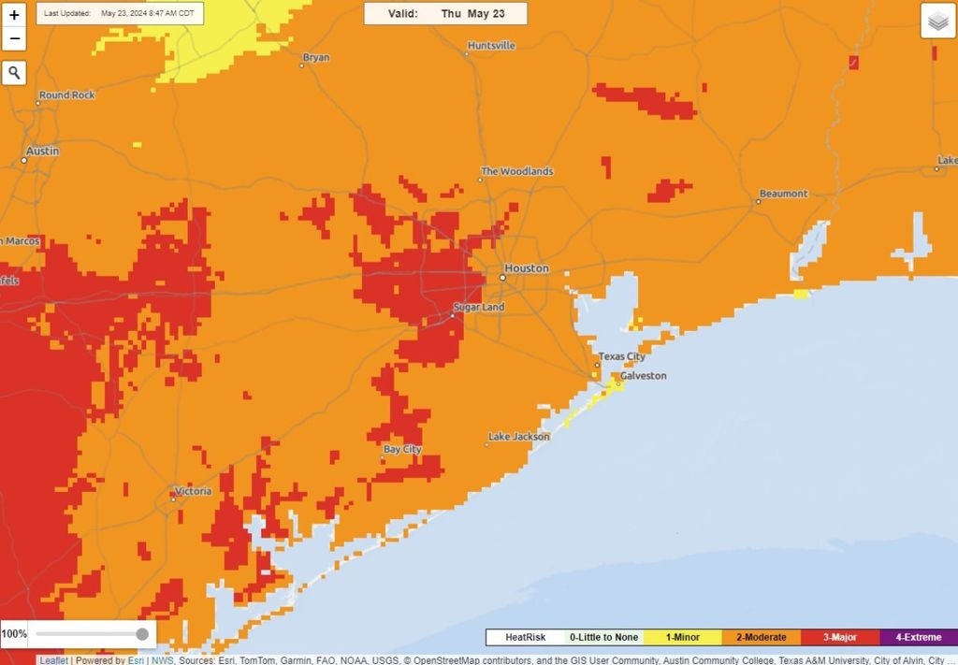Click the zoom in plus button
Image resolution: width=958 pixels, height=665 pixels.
pyautogui.click(x=14, y=16)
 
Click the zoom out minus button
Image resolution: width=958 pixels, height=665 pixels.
pyautogui.click(x=14, y=39)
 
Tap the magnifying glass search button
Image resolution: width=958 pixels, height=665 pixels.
pyautogui.click(x=14, y=73)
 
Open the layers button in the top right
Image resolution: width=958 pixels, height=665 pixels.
pyautogui.click(x=937, y=21)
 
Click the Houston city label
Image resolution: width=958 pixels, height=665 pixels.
pyautogui.click(x=527, y=268)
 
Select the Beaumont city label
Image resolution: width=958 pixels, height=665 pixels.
pyautogui.click(x=783, y=194)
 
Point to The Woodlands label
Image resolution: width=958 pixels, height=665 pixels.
pyautogui.click(x=516, y=172)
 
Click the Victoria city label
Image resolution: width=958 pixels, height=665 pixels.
pyautogui.click(x=193, y=491)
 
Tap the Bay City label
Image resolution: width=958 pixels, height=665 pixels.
pyautogui.click(x=402, y=450)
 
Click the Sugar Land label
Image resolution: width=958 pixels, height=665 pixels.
pyautogui.click(x=479, y=308)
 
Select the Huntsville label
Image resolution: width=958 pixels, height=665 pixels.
pyautogui.click(x=491, y=46)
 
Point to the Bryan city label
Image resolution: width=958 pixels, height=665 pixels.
pyautogui.click(x=316, y=58)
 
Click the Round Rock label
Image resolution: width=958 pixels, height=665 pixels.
pyautogui.click(x=67, y=95)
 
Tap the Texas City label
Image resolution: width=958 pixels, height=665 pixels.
pyautogui.click(x=622, y=356)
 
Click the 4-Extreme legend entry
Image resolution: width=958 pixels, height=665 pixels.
pyautogui.click(x=919, y=637)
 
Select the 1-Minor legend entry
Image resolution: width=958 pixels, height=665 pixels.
pyautogui.click(x=682, y=637)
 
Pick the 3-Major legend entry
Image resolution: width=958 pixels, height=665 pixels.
pyautogui.click(x=839, y=637)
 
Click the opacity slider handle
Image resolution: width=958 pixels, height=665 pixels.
pyautogui.click(x=142, y=634)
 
